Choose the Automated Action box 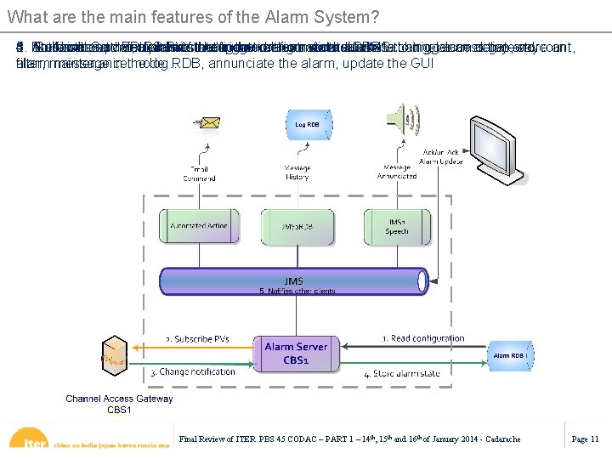[199, 225]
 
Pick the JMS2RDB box [298, 225]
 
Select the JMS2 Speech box [396, 225]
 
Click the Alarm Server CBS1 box [296, 353]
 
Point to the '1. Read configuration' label [422, 338]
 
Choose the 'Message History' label [297, 173]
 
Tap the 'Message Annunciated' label [396, 173]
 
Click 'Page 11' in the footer [585, 439]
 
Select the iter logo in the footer [33, 441]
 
